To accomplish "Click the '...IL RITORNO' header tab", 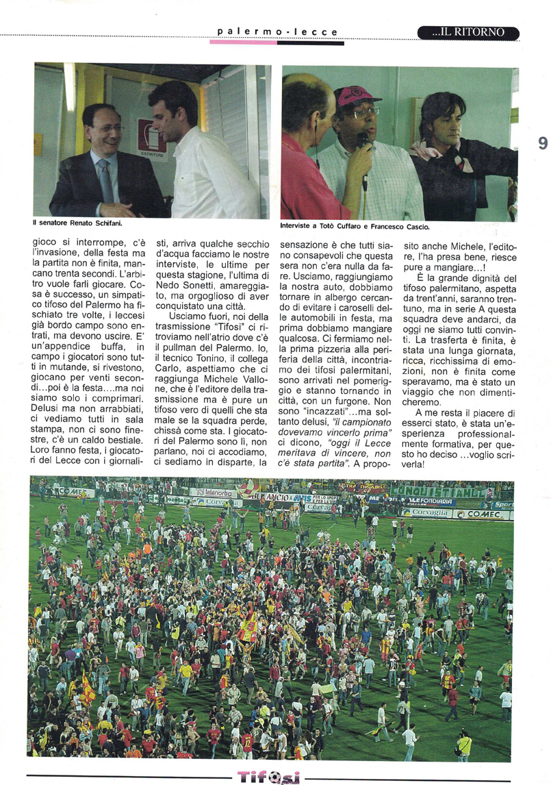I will (468, 32).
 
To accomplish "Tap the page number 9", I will (542, 143).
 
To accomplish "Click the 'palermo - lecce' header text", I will (277, 32).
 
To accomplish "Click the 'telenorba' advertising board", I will (214, 492).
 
